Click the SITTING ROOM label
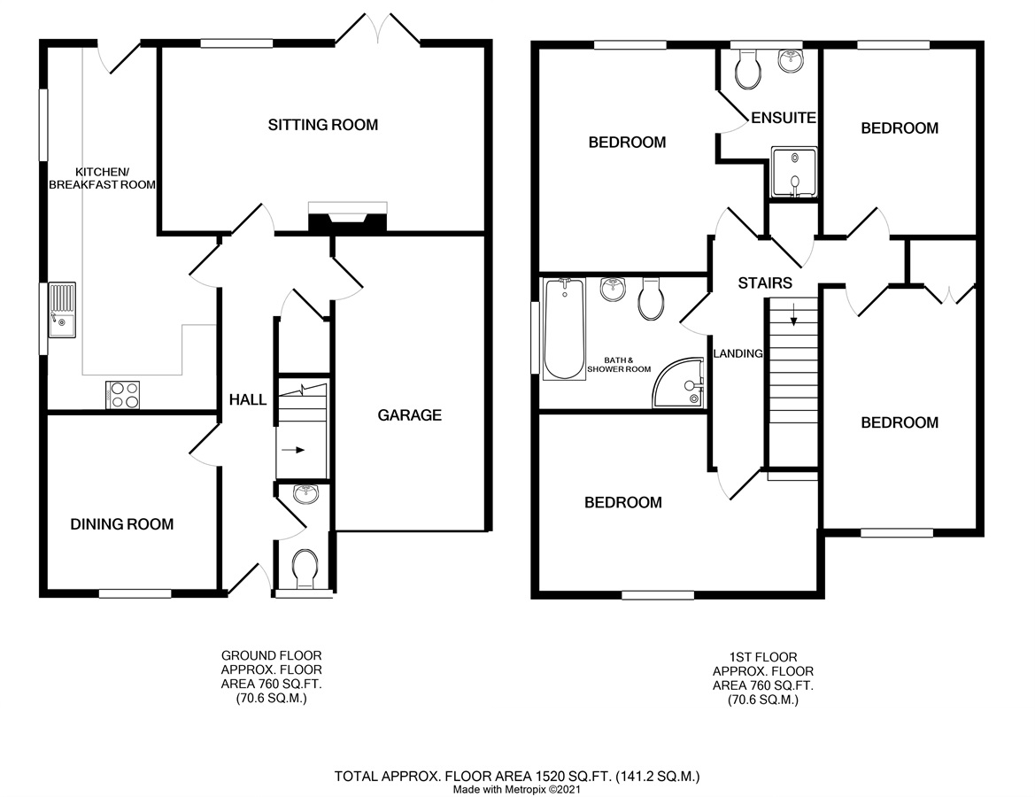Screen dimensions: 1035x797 pyautogui.click(x=323, y=125)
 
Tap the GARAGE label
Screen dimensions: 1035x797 pyautogui.click(x=409, y=415)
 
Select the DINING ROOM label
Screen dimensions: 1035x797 pyautogui.click(x=122, y=524)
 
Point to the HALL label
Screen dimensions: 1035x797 pyautogui.click(x=248, y=399)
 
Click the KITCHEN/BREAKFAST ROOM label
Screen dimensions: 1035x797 pyautogui.click(x=103, y=178)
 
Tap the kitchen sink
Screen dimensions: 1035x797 pyautogui.click(x=61, y=310)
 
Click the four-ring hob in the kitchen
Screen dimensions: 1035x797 pyautogui.click(x=123, y=395)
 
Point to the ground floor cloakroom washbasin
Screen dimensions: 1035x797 pyautogui.click(x=305, y=493)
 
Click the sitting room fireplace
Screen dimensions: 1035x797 pyautogui.click(x=347, y=218)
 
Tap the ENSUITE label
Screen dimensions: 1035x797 pyautogui.click(x=784, y=118)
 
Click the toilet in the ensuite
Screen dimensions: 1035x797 pyautogui.click(x=748, y=70)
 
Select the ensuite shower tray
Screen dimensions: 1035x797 pyautogui.click(x=794, y=173)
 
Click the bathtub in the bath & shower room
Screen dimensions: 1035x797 pyautogui.click(x=564, y=329)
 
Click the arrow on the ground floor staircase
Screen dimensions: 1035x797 pyautogui.click(x=292, y=451)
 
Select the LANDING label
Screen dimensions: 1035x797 pyautogui.click(x=738, y=354)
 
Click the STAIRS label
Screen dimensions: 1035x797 pyautogui.click(x=765, y=283)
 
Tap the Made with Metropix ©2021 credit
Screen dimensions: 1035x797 pyautogui.click(x=517, y=789)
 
